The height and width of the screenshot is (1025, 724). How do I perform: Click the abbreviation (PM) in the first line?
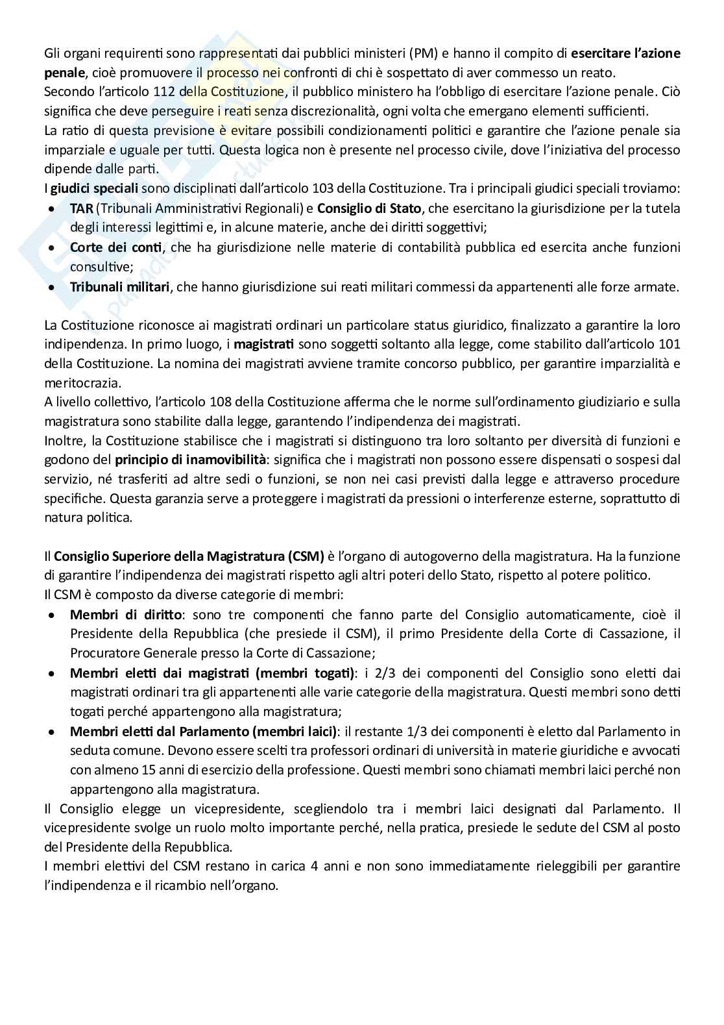point(424,53)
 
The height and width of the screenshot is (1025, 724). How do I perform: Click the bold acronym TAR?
point(81,208)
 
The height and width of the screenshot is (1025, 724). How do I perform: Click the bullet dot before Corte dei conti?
point(53,247)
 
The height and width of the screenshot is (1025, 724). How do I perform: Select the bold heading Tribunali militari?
point(119,287)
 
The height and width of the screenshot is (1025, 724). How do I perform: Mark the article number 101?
point(669,343)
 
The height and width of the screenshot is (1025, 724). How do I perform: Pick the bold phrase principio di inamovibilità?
point(191,460)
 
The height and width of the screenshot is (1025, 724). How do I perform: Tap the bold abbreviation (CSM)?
point(302,556)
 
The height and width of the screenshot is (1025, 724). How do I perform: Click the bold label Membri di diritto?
point(127,614)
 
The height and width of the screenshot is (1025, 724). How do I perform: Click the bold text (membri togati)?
point(305,673)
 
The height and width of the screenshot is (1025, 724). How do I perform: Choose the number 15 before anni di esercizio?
point(148,771)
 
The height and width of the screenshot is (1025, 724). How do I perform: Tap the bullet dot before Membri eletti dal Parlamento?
point(53,732)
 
